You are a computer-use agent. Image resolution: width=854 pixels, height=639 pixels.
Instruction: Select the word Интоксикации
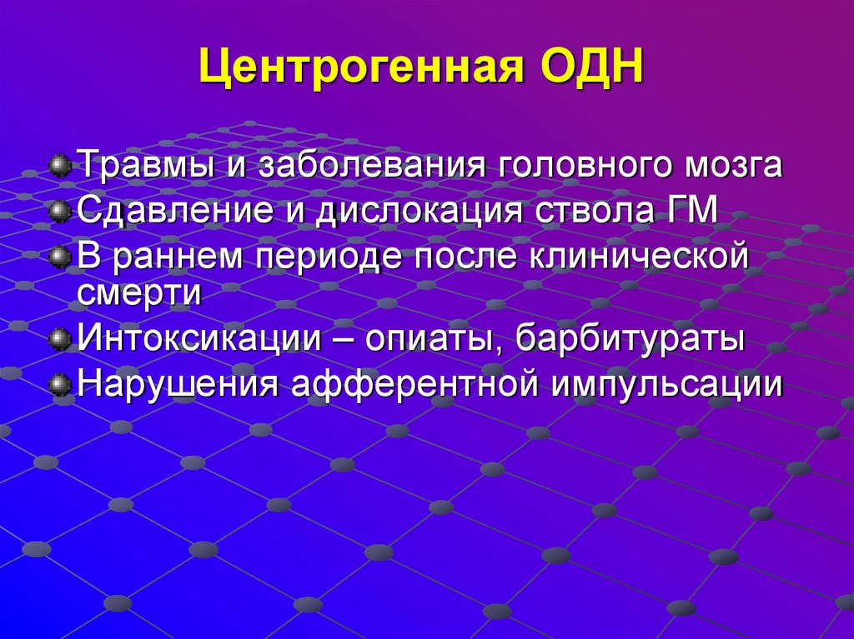[x=199, y=339]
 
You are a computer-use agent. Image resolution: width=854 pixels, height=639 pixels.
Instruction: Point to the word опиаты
[x=431, y=339]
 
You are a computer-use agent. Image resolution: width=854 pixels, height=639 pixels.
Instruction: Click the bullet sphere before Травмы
[x=58, y=164]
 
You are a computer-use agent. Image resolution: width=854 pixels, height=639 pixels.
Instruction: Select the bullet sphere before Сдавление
[x=58, y=210]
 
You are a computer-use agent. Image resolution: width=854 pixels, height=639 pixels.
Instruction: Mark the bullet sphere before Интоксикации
[x=58, y=339]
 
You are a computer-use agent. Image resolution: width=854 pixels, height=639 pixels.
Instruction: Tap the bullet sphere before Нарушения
[x=58, y=385]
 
